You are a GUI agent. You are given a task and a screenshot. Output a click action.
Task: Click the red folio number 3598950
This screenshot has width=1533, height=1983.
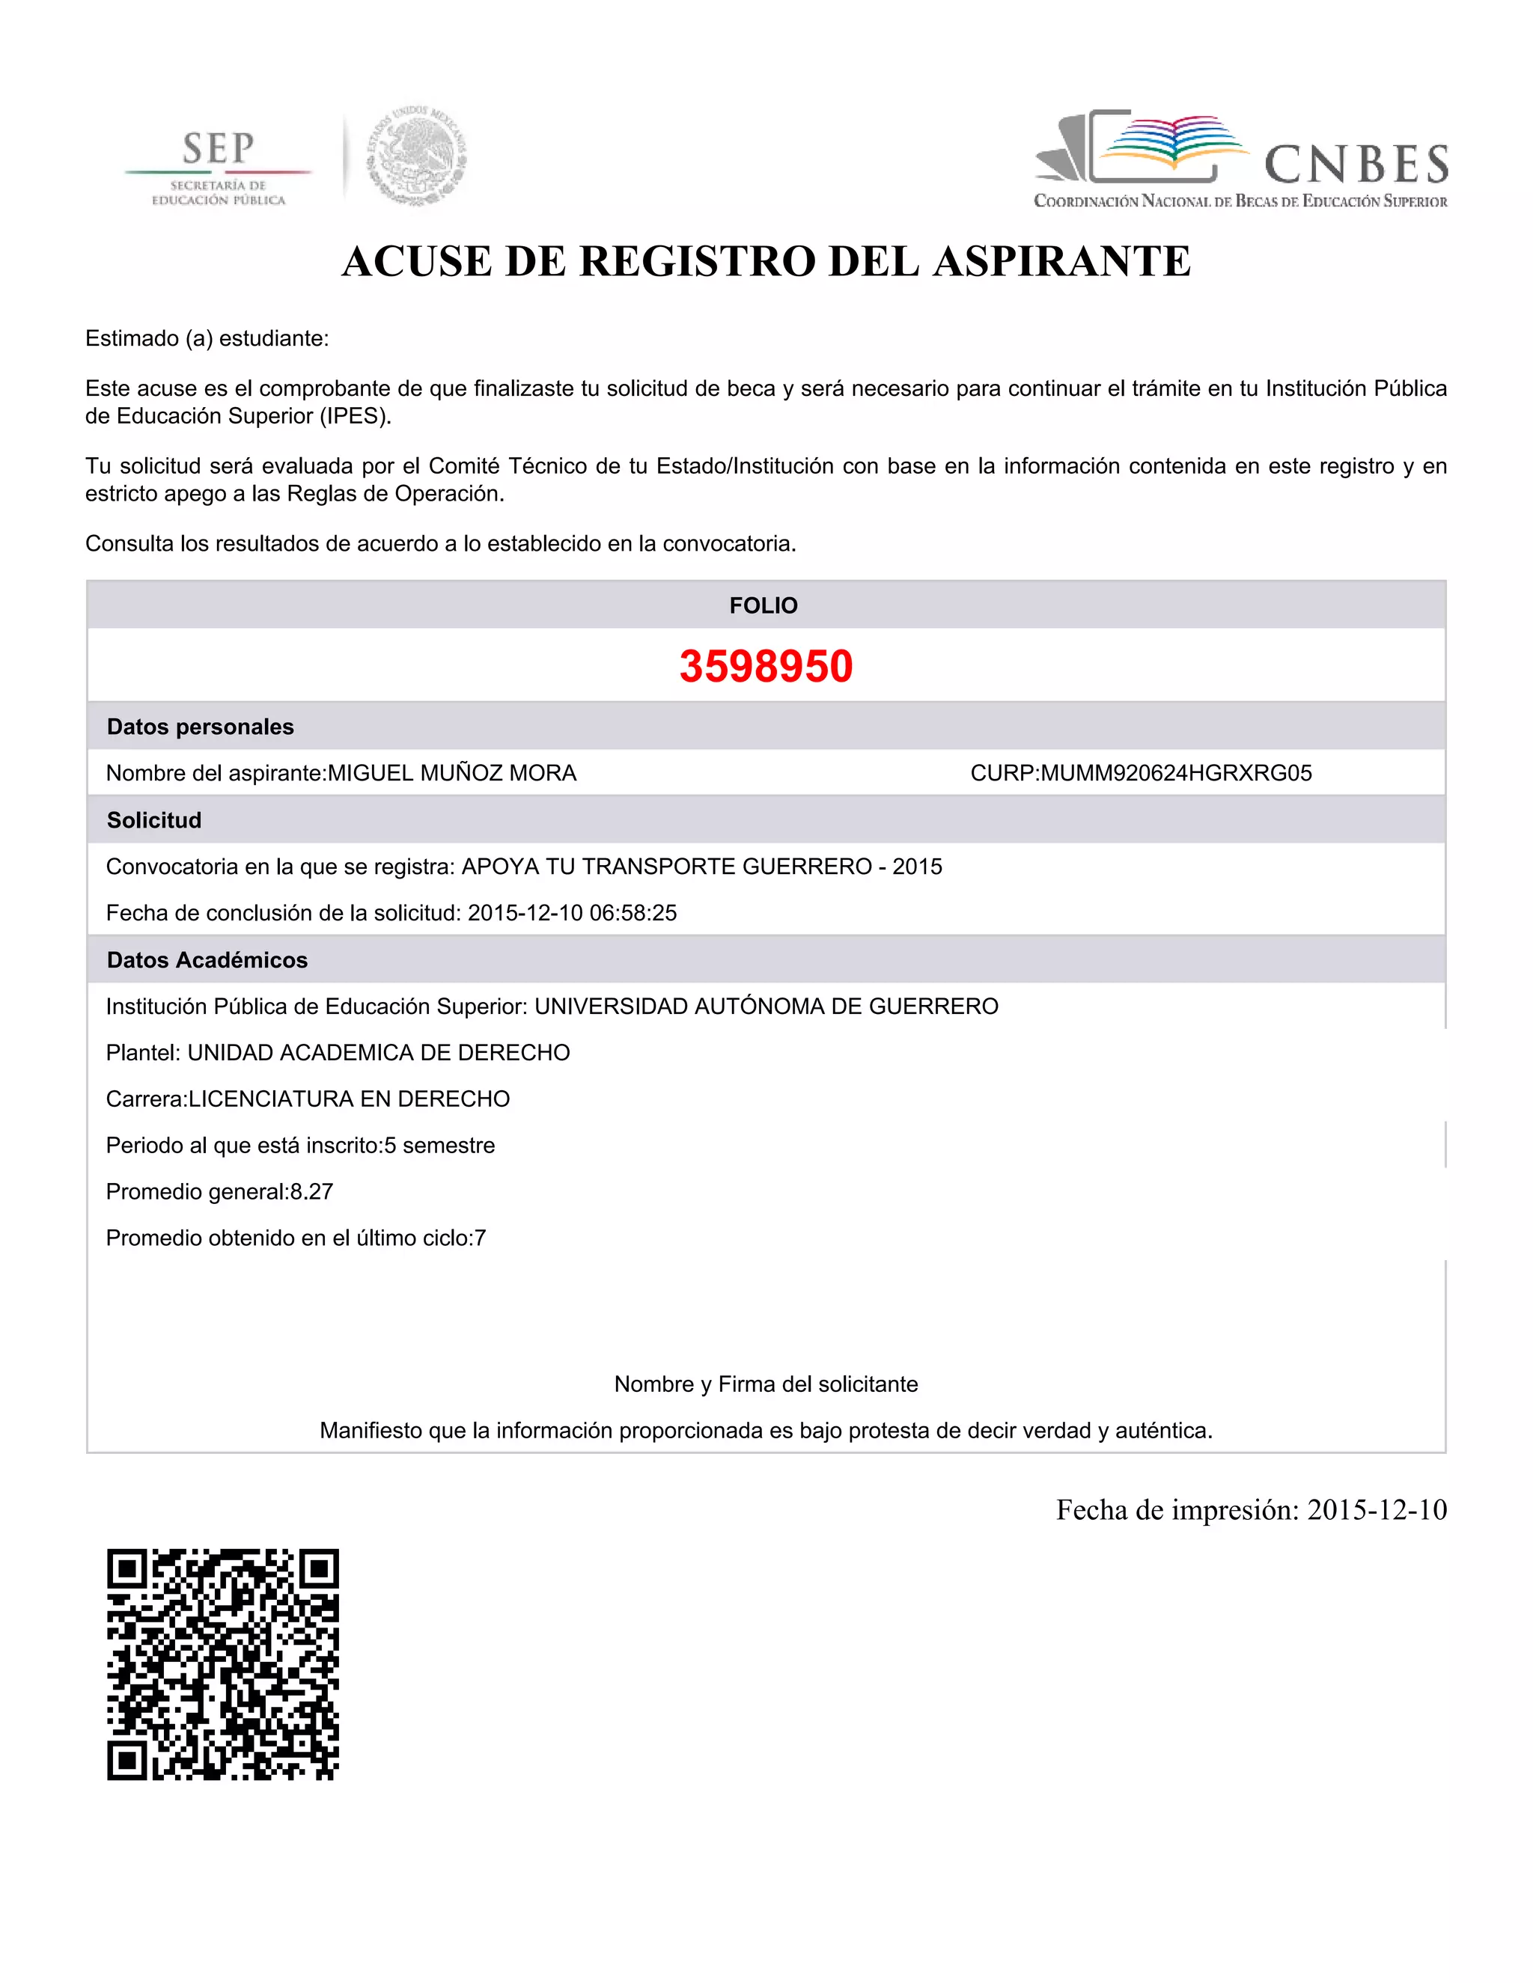tap(766, 667)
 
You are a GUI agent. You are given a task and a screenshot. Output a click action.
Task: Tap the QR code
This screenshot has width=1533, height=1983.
tap(222, 1663)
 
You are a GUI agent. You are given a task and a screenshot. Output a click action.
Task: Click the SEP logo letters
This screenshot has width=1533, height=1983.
tap(218, 148)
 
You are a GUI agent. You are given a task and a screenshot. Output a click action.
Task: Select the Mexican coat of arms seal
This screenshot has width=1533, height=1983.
tap(417, 154)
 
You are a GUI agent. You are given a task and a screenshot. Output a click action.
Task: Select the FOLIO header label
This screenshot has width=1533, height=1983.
tap(764, 605)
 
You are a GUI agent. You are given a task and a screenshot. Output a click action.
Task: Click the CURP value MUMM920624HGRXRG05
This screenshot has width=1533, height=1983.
tap(1176, 774)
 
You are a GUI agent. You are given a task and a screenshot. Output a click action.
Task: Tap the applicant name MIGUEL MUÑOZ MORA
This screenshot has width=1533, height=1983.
tap(452, 774)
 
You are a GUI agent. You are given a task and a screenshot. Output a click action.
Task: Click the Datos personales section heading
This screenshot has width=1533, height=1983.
tap(201, 727)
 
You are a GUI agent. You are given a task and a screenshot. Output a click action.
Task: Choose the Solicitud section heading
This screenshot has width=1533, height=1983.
tap(154, 821)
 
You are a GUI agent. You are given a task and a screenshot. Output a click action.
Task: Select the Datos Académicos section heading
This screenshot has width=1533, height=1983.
tap(207, 961)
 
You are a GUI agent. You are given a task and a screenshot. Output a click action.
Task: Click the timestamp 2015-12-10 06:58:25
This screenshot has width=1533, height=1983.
tap(572, 914)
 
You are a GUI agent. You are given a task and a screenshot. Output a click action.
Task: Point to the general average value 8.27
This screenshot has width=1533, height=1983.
tap(311, 1192)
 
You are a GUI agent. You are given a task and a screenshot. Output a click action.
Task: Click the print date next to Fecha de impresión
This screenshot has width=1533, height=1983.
tap(1377, 1510)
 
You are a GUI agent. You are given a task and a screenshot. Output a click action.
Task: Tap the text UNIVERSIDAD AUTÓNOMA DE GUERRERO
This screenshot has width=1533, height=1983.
tap(766, 1007)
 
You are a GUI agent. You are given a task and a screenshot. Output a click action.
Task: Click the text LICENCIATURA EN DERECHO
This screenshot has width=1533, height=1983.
tap(350, 1099)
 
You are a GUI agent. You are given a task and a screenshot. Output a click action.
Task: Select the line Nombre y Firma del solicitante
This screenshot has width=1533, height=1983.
tap(766, 1384)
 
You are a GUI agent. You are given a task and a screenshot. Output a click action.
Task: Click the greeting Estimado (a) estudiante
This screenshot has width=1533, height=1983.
tap(207, 339)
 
